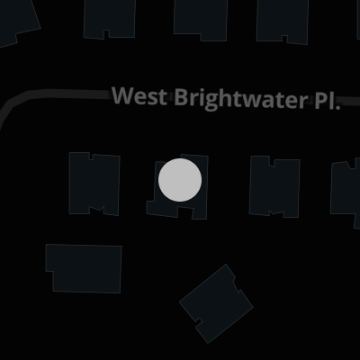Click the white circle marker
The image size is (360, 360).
coord(180,180)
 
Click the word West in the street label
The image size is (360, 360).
coord(139,96)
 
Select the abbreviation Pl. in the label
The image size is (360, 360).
coord(328,100)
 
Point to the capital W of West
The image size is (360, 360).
coord(122,95)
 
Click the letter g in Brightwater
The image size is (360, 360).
coord(211,102)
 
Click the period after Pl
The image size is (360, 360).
coord(337,107)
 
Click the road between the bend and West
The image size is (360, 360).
coord(69,94)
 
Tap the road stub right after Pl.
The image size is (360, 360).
coord(350,102)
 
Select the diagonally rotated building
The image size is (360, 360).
coord(217,303)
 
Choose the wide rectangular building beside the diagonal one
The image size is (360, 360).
coord(84,268)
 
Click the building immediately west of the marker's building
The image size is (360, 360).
coord(94,184)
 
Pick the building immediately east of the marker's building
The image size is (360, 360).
coord(274,186)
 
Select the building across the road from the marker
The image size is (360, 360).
coord(200,20)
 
